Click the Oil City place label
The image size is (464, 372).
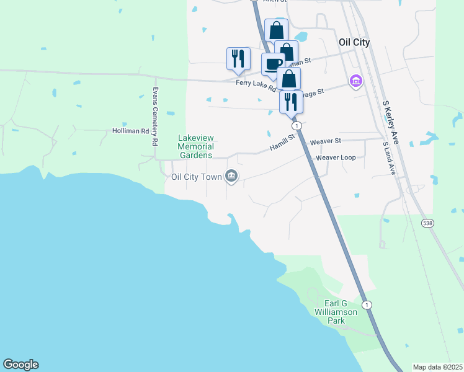(354, 42)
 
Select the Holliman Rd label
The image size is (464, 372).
(131, 131)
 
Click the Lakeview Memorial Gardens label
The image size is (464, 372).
(195, 146)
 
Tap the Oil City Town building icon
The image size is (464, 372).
(231, 177)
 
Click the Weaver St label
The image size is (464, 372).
(326, 141)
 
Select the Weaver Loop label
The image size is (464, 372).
(336, 157)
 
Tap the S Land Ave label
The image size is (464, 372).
(389, 157)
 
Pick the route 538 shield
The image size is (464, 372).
(428, 223)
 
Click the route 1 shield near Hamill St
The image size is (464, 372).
(298, 125)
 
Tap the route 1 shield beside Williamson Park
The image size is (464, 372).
(368, 304)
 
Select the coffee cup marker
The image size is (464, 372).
(273, 63)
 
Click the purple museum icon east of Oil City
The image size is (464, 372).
(355, 81)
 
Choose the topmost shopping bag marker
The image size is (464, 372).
(276, 30)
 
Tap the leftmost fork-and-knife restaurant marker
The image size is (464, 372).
(238, 58)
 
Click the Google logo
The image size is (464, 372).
(20, 365)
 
